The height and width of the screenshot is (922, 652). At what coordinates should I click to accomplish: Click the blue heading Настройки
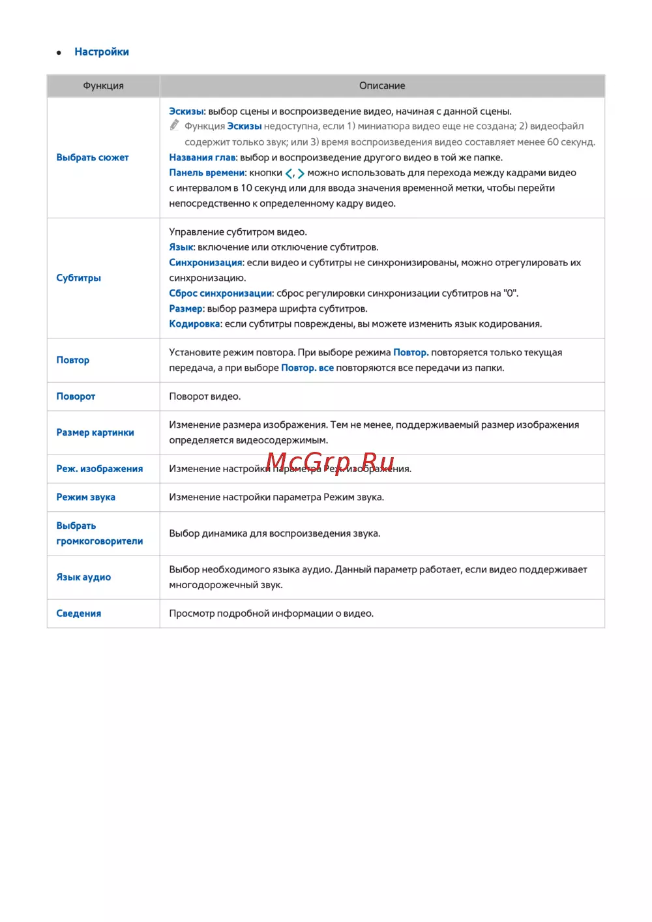pyautogui.click(x=102, y=52)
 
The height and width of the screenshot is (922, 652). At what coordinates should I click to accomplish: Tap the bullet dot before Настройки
pyautogui.click(x=59, y=53)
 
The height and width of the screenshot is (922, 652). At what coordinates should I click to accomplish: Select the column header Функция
pyautogui.click(x=103, y=86)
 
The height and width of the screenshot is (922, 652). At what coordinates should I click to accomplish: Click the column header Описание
pyautogui.click(x=382, y=86)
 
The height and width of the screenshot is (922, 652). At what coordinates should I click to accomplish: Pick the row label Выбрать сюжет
pyautogui.click(x=93, y=158)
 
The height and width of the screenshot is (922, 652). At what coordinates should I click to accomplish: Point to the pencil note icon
pyautogui.click(x=175, y=125)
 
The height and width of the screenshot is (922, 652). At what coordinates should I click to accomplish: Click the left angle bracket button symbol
pyautogui.click(x=289, y=173)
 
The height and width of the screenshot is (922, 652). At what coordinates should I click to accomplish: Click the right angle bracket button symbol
pyautogui.click(x=301, y=173)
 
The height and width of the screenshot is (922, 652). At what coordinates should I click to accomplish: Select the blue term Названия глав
pyautogui.click(x=202, y=158)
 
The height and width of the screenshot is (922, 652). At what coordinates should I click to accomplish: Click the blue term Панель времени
pyautogui.click(x=207, y=173)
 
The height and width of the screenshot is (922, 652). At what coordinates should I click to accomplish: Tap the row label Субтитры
pyautogui.click(x=79, y=278)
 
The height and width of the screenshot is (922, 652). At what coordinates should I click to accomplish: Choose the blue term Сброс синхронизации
pyautogui.click(x=220, y=293)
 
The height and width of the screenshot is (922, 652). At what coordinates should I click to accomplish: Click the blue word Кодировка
pyautogui.click(x=194, y=324)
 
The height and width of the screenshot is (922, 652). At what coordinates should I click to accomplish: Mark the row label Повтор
pyautogui.click(x=73, y=361)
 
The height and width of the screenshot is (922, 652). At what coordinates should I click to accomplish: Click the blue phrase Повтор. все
pyautogui.click(x=307, y=368)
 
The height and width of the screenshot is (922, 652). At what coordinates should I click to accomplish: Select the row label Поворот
pyautogui.click(x=76, y=396)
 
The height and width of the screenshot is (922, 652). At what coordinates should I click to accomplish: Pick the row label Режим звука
pyautogui.click(x=85, y=498)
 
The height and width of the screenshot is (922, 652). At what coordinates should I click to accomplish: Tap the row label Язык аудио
pyautogui.click(x=83, y=578)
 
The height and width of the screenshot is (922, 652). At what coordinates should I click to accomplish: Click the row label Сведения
pyautogui.click(x=79, y=614)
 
